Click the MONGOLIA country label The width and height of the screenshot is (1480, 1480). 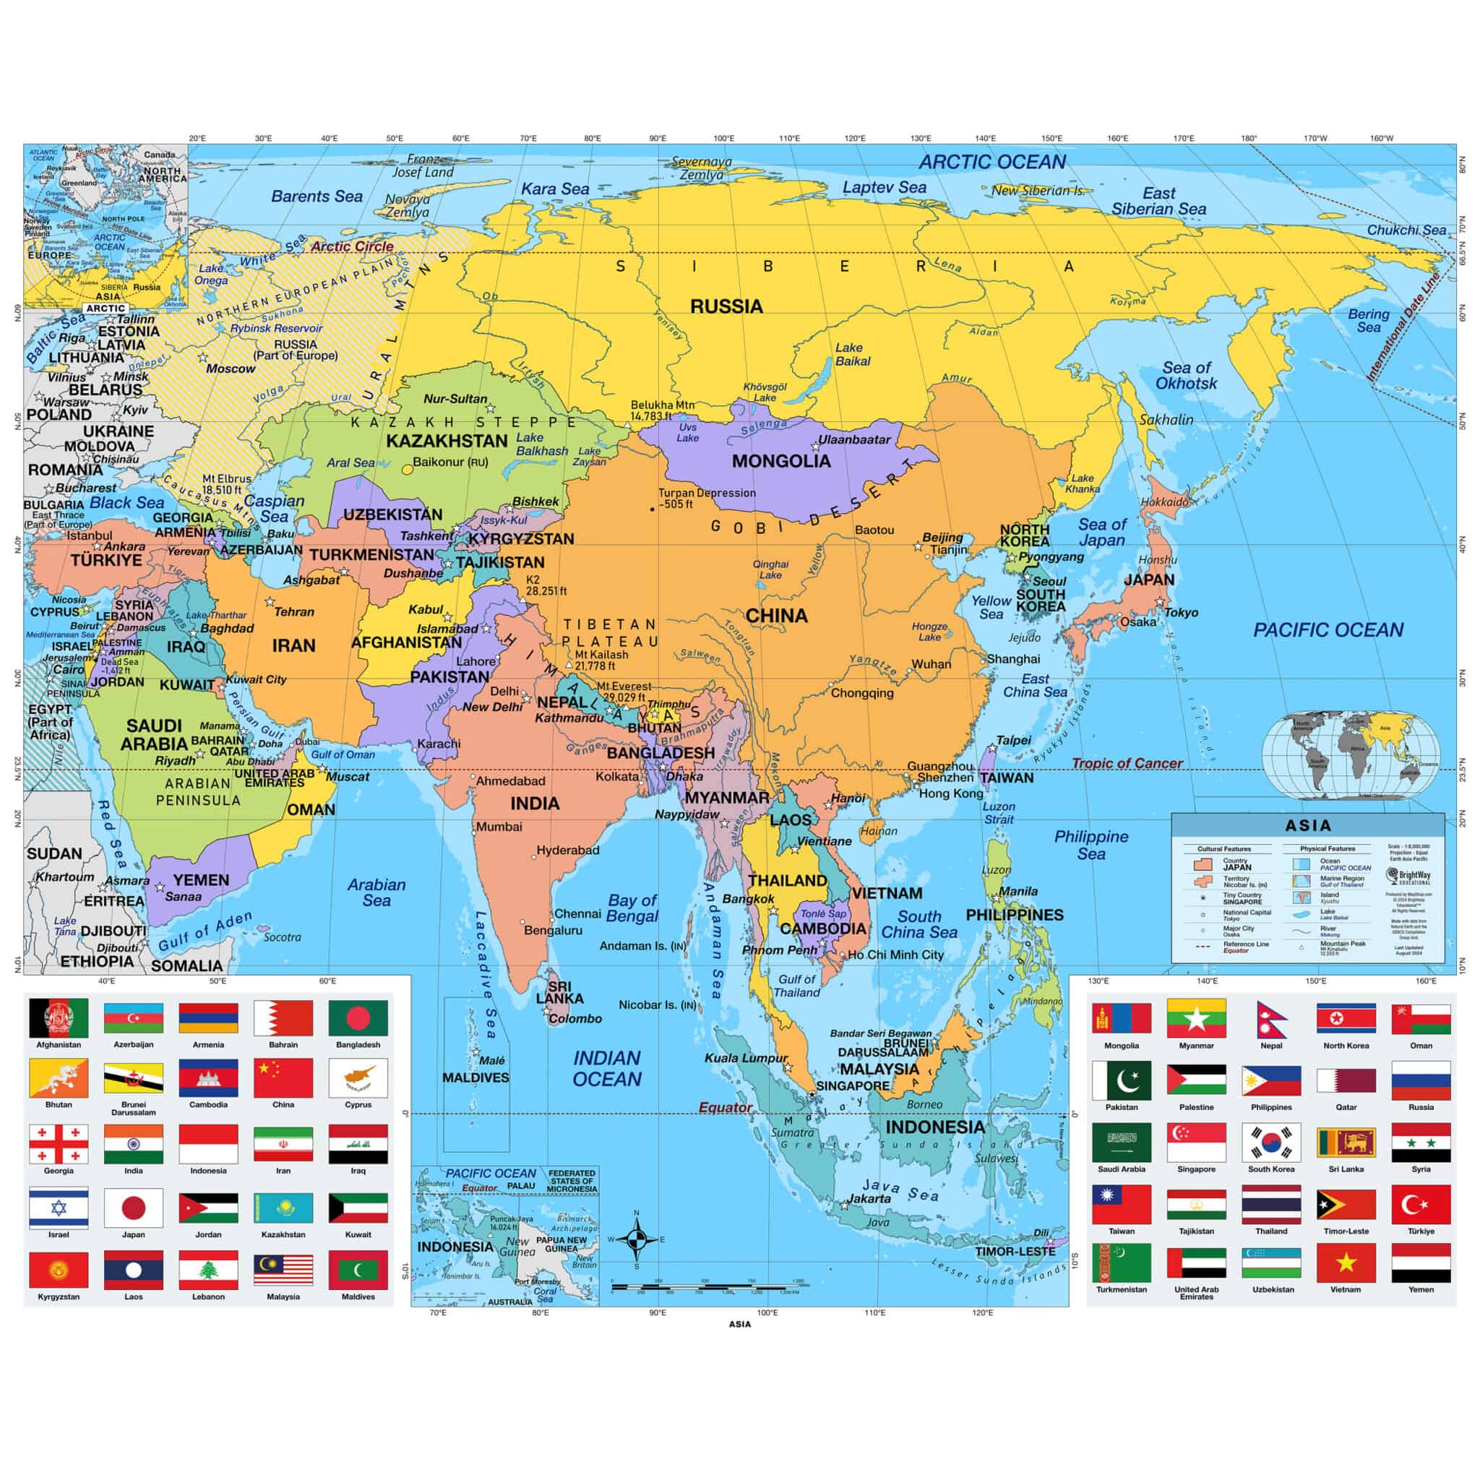(x=780, y=461)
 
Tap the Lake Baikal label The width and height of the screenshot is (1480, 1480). (x=853, y=355)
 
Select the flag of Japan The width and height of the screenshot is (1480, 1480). (x=133, y=1208)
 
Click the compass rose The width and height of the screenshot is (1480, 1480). (x=636, y=1239)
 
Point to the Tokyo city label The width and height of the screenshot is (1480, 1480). (x=1182, y=613)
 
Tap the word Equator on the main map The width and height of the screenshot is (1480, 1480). (x=725, y=1108)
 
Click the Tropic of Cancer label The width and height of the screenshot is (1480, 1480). (x=1126, y=763)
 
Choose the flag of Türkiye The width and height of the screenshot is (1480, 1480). (x=1420, y=1205)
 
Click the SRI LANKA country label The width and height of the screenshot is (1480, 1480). (x=559, y=993)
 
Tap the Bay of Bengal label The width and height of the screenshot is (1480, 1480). (x=632, y=908)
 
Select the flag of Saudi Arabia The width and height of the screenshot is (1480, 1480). (x=1121, y=1143)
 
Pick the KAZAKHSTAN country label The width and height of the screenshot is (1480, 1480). (x=447, y=442)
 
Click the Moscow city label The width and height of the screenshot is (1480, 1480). (x=231, y=369)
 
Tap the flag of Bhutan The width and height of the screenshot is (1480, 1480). (x=59, y=1079)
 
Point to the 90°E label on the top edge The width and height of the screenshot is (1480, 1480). (x=658, y=139)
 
